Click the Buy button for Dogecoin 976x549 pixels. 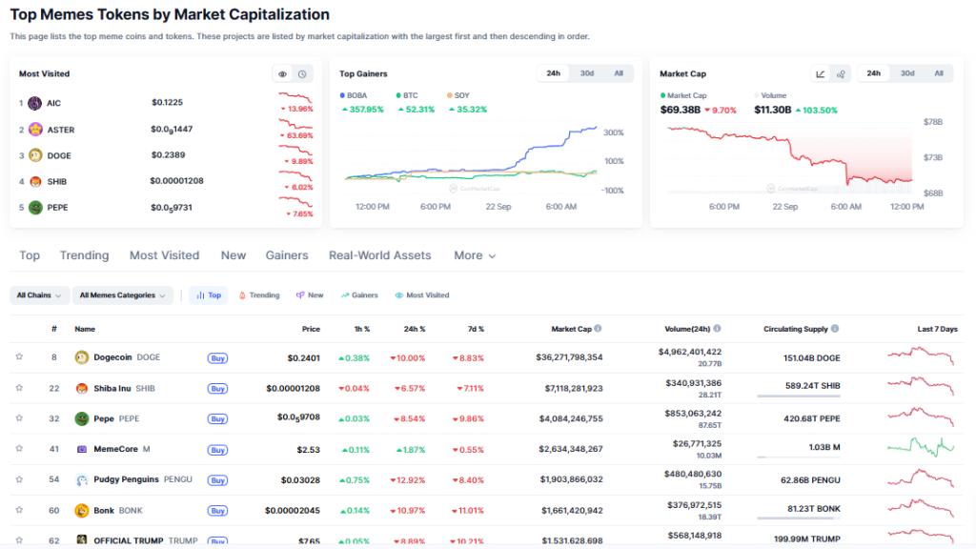pos(217,357)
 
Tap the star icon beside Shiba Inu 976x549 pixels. pos(19,388)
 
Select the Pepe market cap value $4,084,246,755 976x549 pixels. pos(569,418)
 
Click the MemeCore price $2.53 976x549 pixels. pos(308,449)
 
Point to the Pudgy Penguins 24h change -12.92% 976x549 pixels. pos(407,479)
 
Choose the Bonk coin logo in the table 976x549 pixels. pos(82,510)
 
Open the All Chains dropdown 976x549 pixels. pos(39,295)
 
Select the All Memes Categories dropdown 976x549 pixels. pos(122,295)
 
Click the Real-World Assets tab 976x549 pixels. pos(379,255)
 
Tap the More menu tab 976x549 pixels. pos(475,255)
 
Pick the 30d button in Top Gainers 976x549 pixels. pos(587,73)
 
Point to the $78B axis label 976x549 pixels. pos(932,122)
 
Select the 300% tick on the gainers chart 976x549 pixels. pos(613,132)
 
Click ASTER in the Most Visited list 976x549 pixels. pos(60,130)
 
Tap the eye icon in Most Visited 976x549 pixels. pos(282,73)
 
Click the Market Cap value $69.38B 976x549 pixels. pos(680,110)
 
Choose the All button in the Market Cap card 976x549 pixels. pos(938,73)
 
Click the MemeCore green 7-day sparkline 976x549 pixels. pos(920,446)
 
